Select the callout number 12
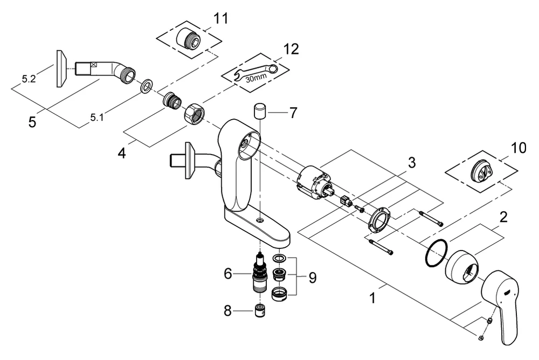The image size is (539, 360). pyautogui.click(x=291, y=50)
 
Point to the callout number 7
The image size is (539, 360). pyautogui.click(x=293, y=114)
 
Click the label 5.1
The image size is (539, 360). pyautogui.click(x=97, y=117)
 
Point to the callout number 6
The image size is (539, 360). pyautogui.click(x=228, y=274)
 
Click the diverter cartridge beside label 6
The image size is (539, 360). pyautogui.click(x=261, y=273)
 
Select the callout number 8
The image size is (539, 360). pyautogui.click(x=228, y=310)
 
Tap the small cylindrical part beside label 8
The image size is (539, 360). pyautogui.click(x=261, y=311)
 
